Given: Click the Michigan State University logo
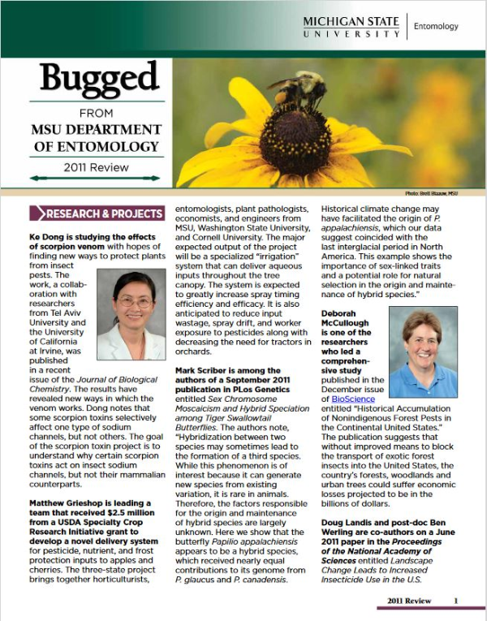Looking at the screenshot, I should (x=351, y=26).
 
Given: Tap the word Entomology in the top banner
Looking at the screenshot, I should (x=436, y=27).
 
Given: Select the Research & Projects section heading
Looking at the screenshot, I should (x=97, y=214).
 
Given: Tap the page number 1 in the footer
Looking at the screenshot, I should (x=456, y=601).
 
